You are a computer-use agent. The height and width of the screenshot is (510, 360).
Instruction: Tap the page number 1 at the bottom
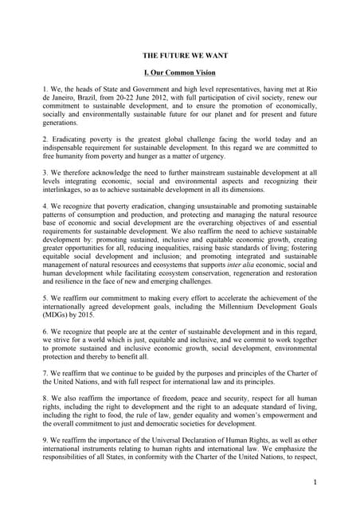point(315,482)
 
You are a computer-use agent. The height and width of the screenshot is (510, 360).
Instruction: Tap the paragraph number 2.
point(45,139)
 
